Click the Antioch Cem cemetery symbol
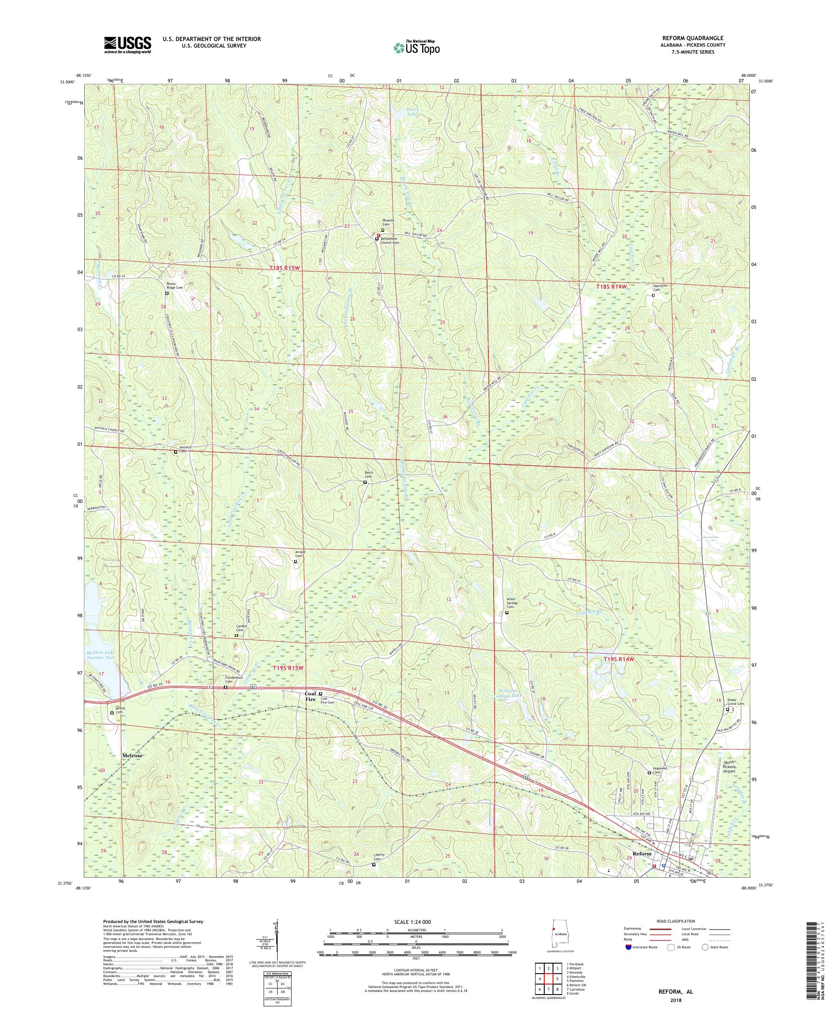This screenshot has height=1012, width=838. (175, 452)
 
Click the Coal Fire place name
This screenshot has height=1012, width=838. (310, 696)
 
